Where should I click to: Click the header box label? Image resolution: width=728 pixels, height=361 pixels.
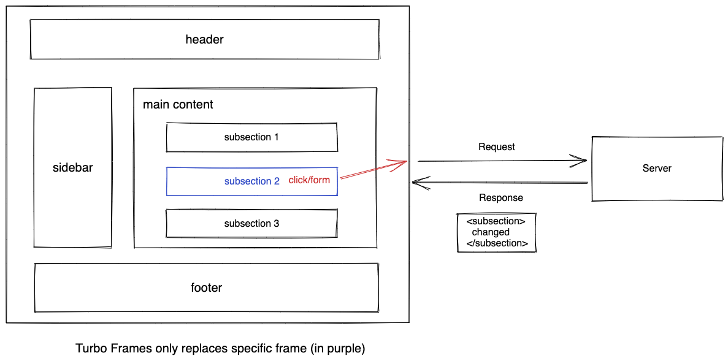[x=204, y=40]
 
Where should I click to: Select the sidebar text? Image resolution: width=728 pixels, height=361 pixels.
[x=72, y=167]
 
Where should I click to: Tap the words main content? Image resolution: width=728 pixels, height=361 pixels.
[x=178, y=105]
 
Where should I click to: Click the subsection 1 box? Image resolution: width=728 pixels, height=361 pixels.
[x=251, y=137]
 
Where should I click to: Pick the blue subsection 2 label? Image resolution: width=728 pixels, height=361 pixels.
[x=251, y=181]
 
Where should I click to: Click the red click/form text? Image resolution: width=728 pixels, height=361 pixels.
[x=309, y=180]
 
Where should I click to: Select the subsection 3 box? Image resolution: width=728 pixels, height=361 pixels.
[x=251, y=224]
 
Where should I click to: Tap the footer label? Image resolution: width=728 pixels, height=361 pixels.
[x=206, y=287]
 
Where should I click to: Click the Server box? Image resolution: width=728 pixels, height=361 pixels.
[x=656, y=169]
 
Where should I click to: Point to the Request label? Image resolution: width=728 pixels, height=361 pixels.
[x=496, y=147]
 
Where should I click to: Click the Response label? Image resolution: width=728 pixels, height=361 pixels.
[x=500, y=198]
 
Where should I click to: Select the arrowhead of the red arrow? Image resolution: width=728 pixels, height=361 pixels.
[x=402, y=162]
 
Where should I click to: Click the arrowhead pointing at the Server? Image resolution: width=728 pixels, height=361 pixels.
[x=581, y=161]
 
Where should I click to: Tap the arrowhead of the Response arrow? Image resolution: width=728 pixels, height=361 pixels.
[x=416, y=182]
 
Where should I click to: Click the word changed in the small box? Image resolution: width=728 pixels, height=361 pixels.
[x=491, y=232]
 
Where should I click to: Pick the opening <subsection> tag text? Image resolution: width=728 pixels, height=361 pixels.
[x=496, y=221]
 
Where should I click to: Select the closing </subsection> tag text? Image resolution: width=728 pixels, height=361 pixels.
[x=497, y=243]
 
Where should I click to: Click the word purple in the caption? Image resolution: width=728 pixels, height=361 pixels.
[x=345, y=349]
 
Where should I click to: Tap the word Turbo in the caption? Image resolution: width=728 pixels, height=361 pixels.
[x=89, y=349]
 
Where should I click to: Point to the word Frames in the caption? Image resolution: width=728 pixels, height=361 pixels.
[x=124, y=349]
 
